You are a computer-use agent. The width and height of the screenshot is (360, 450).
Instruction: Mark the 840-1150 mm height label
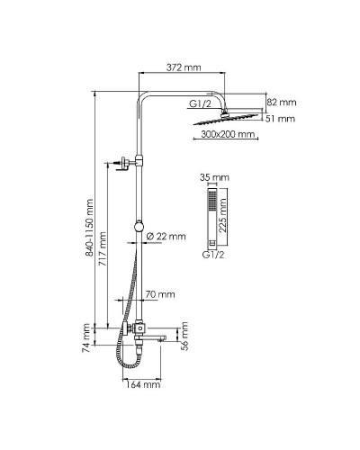pyautogui.click(x=88, y=235)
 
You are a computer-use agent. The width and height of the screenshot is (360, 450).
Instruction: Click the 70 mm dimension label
pyautogui.click(x=160, y=294)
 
